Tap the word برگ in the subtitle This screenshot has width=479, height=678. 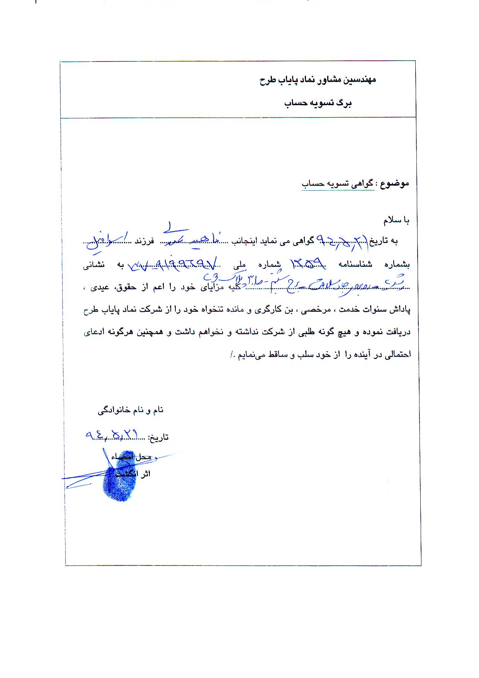pos(344,103)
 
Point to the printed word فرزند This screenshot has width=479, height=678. pos(144,241)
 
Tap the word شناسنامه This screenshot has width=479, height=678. pos(355,265)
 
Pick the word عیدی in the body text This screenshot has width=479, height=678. pos(100,287)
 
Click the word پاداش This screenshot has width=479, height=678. pos(400,310)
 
